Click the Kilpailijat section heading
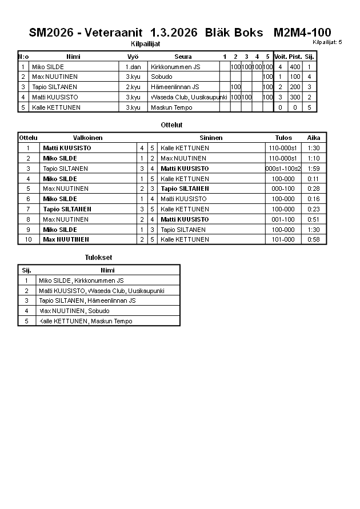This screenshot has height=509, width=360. (x=146, y=43)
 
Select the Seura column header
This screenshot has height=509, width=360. (x=183, y=57)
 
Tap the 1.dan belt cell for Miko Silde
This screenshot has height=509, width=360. (x=133, y=67)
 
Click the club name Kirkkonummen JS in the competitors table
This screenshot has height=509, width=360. (x=175, y=67)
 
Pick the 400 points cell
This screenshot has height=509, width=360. (x=295, y=67)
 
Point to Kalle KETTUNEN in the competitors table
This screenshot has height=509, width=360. (x=55, y=107)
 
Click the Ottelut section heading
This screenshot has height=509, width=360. (x=172, y=125)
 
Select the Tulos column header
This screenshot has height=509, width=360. (x=283, y=138)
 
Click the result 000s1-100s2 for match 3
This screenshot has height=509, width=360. (x=283, y=169)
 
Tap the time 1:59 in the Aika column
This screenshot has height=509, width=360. (x=314, y=169)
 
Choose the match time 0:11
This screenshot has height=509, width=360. (x=314, y=179)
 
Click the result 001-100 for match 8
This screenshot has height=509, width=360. (x=283, y=219)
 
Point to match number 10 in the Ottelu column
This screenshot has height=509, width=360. (x=27, y=239)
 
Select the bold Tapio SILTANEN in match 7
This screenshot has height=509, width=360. (x=67, y=209)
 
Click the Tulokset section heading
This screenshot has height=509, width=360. (x=98, y=258)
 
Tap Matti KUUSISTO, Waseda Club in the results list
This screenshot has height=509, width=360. (x=100, y=291)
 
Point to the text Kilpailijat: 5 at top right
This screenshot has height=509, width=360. (x=327, y=42)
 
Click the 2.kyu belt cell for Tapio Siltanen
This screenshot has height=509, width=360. (x=133, y=87)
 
